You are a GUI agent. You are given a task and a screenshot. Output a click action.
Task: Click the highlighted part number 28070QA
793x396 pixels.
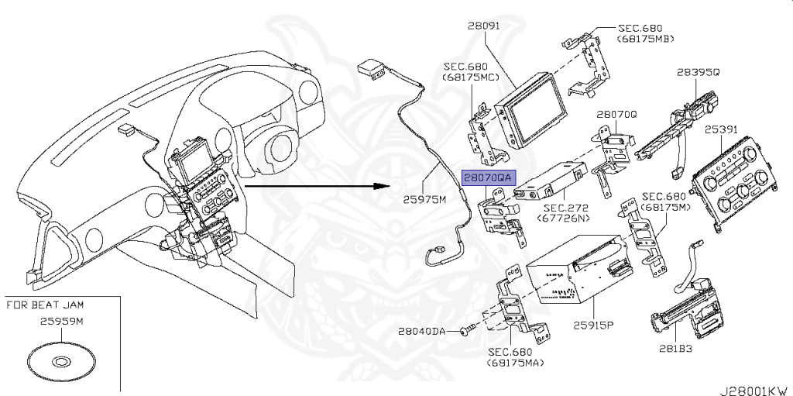tap(487, 177)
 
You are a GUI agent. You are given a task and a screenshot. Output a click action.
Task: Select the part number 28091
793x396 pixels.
tap(483, 26)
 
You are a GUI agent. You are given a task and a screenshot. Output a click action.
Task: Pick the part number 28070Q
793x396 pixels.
tap(616, 113)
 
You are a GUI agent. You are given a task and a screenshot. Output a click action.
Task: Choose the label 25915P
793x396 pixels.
tap(592, 325)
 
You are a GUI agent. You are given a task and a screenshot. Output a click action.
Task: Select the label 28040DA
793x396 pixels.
tap(422, 331)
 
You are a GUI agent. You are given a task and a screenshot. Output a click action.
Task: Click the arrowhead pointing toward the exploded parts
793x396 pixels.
tap(381, 186)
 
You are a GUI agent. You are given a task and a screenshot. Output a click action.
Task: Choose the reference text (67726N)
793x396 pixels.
tap(563, 219)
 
